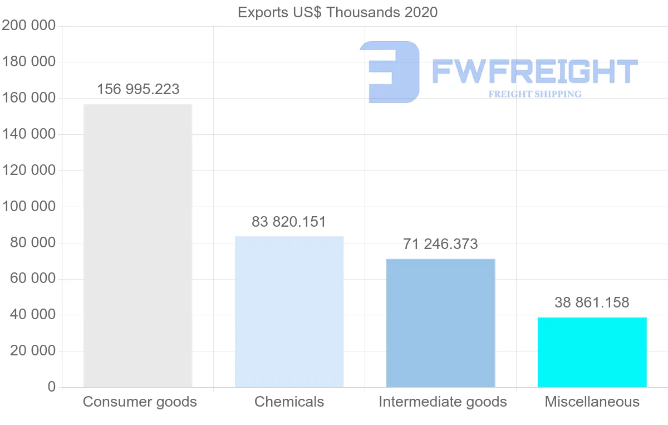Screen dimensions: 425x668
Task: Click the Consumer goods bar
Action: click(x=137, y=245)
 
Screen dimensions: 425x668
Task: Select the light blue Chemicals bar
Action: click(x=289, y=311)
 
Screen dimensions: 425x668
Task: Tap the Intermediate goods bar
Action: click(x=440, y=323)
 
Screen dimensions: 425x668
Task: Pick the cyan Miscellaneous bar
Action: click(x=592, y=352)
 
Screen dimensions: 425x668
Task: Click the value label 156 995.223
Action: click(x=138, y=89)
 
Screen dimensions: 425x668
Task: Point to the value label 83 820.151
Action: click(x=289, y=222)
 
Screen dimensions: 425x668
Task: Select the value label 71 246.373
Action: click(x=440, y=244)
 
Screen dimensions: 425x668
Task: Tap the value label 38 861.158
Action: click(x=592, y=302)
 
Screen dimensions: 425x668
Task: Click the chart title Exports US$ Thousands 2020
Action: click(x=337, y=12)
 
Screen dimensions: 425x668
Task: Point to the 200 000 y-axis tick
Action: click(x=29, y=26)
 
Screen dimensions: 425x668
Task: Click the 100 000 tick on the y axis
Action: click(x=29, y=207)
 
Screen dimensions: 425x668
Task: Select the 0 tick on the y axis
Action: click(x=52, y=387)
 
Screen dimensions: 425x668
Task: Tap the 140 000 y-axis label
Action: click(x=29, y=134)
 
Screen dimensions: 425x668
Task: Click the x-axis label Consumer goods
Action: click(x=140, y=402)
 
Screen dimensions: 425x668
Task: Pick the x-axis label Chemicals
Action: click(x=289, y=402)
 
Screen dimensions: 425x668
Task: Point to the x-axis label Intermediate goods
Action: click(x=443, y=402)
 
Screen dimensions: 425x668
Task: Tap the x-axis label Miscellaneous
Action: click(x=592, y=402)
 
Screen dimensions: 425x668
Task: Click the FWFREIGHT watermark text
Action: click(x=534, y=71)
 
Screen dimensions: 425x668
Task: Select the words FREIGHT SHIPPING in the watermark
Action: click(x=535, y=94)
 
